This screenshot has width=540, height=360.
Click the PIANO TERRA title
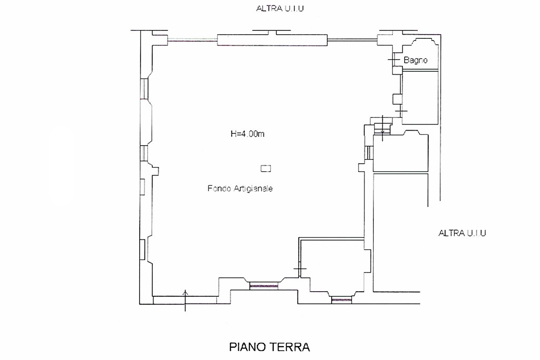pyautogui.click(x=269, y=347)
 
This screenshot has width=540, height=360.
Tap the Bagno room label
pyautogui.click(x=416, y=60)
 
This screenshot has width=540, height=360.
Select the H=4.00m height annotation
pyautogui.click(x=247, y=134)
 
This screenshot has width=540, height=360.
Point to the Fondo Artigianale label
pyautogui.click(x=240, y=188)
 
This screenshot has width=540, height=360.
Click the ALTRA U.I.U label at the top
pyautogui.click(x=280, y=8)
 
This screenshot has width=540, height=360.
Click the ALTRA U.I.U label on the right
pyautogui.click(x=462, y=233)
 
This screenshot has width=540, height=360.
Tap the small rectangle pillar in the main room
pyautogui.click(x=266, y=168)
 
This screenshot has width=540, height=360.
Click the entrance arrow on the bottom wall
pyautogui.click(x=185, y=300)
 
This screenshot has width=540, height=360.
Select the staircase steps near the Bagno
pyautogui.click(x=382, y=129)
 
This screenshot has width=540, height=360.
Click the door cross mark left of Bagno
pyautogui.click(x=394, y=60)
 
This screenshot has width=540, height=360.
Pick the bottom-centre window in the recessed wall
pyautogui.click(x=264, y=286)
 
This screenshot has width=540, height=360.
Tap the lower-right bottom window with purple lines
pyautogui.click(x=341, y=300)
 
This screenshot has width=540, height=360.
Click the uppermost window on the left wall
pyautogui.click(x=144, y=89)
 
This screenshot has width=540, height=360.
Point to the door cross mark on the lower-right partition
pyautogui.click(x=300, y=268)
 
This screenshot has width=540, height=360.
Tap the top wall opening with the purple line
pyautogui.click(x=192, y=40)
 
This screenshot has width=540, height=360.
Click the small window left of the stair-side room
pyautogui.click(x=369, y=153)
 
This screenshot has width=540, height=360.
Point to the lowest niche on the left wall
pyautogui.click(x=143, y=249)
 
